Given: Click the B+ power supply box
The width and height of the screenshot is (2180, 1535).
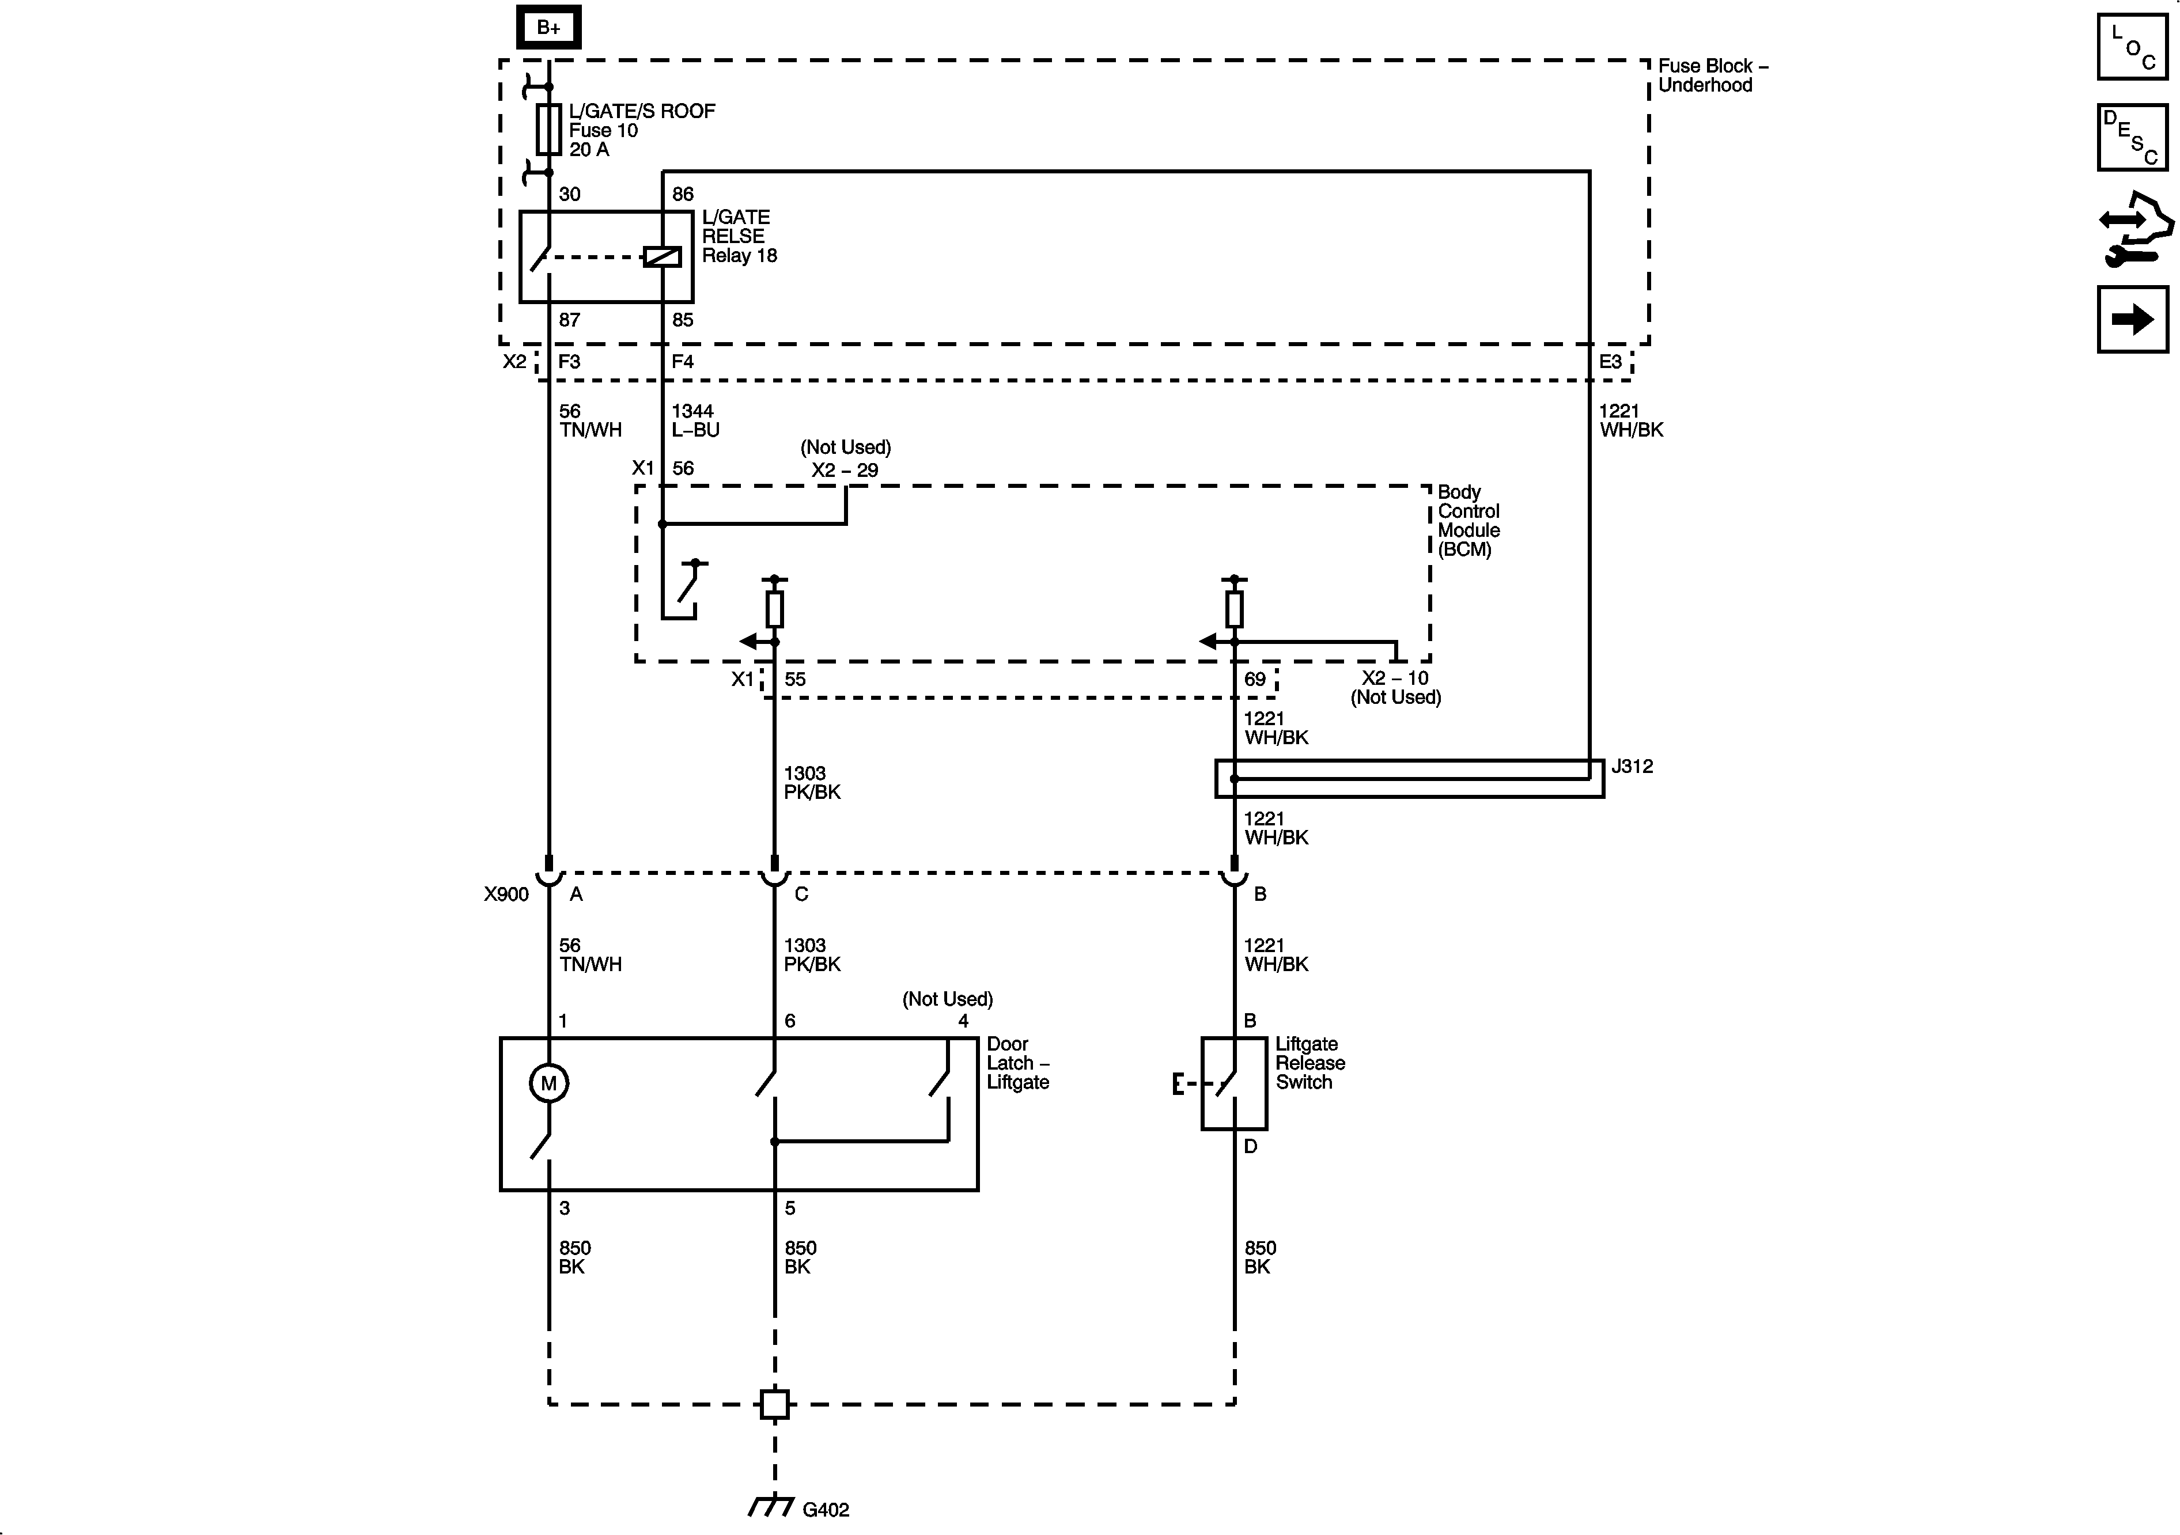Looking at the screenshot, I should (548, 28).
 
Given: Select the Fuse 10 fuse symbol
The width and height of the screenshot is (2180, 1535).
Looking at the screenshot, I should (548, 129).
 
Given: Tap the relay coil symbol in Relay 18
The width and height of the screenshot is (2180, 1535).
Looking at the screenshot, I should (662, 256).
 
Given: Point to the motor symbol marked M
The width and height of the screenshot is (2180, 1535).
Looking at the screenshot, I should (549, 1083).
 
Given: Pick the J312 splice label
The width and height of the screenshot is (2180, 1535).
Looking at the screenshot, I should (1632, 766).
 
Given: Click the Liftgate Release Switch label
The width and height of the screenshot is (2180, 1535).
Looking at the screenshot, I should (1309, 1063).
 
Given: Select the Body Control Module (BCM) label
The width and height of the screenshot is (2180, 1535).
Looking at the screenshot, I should (1468, 520).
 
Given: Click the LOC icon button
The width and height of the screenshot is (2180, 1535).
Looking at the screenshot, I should (2133, 47).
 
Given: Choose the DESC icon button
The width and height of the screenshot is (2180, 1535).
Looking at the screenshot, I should (2133, 138).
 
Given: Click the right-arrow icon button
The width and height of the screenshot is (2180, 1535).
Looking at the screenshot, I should (2133, 319).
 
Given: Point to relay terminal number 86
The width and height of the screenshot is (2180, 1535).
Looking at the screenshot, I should (683, 194).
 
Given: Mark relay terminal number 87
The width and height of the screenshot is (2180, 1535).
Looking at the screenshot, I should (569, 320).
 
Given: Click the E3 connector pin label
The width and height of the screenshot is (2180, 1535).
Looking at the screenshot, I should (1610, 362).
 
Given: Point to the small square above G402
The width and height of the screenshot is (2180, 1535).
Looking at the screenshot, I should (775, 1404).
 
